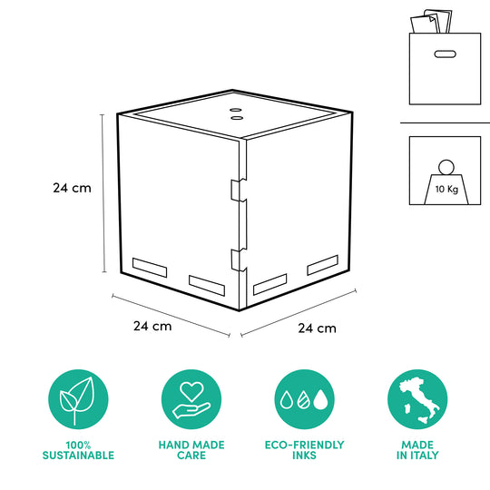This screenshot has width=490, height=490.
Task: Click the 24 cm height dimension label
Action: (x=72, y=189)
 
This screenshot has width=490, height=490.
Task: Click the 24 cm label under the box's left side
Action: (x=152, y=325)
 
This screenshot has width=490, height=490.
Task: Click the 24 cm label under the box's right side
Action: (x=317, y=328)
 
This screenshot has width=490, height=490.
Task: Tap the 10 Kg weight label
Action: (x=445, y=190)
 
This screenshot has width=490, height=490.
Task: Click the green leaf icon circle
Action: (x=77, y=400)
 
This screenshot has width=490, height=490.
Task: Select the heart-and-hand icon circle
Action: (x=191, y=400)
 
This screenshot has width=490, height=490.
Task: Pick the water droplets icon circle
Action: (x=304, y=400)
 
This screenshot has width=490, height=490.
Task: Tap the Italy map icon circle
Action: (x=417, y=400)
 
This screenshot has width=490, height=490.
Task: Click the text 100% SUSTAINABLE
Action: (x=77, y=450)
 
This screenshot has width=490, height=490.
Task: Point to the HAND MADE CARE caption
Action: (x=191, y=450)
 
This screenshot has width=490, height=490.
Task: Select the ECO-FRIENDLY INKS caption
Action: (x=304, y=450)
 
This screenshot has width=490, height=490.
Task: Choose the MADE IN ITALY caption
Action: (x=417, y=450)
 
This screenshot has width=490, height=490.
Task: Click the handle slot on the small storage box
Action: (x=445, y=54)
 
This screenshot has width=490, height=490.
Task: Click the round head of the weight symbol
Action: (x=445, y=167)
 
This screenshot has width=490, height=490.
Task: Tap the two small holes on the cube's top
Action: (x=236, y=113)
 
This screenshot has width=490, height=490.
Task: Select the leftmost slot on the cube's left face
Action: (x=150, y=268)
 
